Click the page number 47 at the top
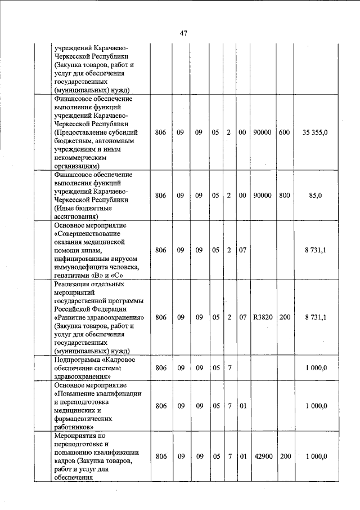pos(183,33)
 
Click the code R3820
pos(263,317)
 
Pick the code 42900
pos(263,456)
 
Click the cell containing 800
pos(284,195)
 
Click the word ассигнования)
pos(76,215)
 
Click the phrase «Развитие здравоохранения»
pos(100,317)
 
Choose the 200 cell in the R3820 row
pos(285,317)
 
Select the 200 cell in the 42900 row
pos(285,456)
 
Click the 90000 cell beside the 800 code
pos(263,195)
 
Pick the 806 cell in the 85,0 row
pos(161,195)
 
